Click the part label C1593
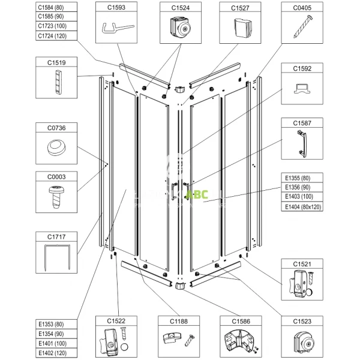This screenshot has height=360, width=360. (x=116, y=8)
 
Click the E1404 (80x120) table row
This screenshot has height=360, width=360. (x=303, y=206)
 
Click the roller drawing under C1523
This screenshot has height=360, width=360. (x=303, y=344)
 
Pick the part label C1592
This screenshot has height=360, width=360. (x=303, y=68)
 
